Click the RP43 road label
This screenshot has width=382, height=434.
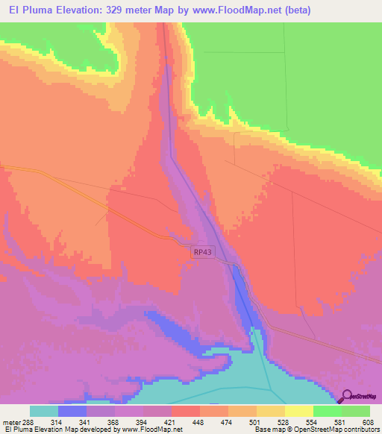tap(202, 253)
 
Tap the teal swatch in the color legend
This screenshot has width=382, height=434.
tap(44, 411)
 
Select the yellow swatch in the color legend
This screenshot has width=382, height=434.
tap(299, 411)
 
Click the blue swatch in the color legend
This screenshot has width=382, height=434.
tap(72, 411)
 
